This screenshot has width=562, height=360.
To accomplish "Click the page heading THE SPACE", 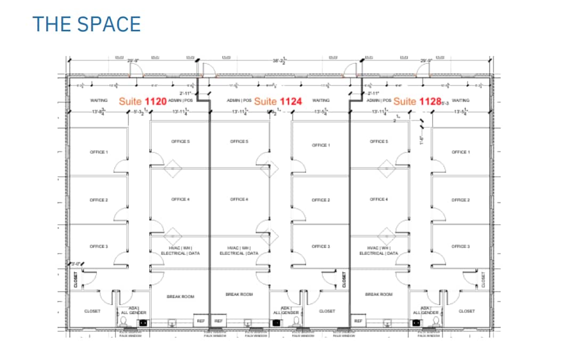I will [x=86, y=24].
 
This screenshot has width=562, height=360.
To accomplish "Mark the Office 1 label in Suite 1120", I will [x=99, y=152].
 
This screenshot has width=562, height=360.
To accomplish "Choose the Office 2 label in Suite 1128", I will [x=460, y=200].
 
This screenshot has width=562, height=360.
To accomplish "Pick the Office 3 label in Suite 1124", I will [x=320, y=246].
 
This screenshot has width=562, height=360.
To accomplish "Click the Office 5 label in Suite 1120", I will [x=180, y=142].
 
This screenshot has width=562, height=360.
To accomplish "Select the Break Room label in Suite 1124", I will [x=239, y=294].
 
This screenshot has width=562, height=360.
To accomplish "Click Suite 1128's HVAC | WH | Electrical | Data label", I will [x=378, y=251].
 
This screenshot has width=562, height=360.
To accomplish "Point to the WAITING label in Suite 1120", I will [x=99, y=100].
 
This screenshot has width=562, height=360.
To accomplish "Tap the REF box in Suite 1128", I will [x=358, y=321].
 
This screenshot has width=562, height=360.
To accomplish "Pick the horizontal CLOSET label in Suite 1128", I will [x=467, y=311].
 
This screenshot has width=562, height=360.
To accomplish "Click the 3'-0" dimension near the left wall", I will [x=75, y=264].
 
